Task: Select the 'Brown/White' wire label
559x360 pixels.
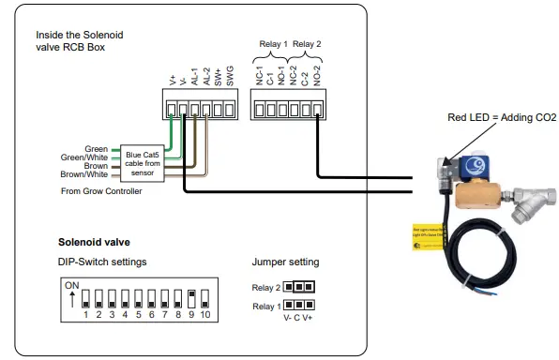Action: (84, 173)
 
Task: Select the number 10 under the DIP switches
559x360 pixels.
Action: (204, 314)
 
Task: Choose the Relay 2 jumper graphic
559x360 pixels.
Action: (300, 286)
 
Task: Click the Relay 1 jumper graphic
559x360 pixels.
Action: (300, 305)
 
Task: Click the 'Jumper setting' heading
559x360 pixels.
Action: (285, 262)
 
